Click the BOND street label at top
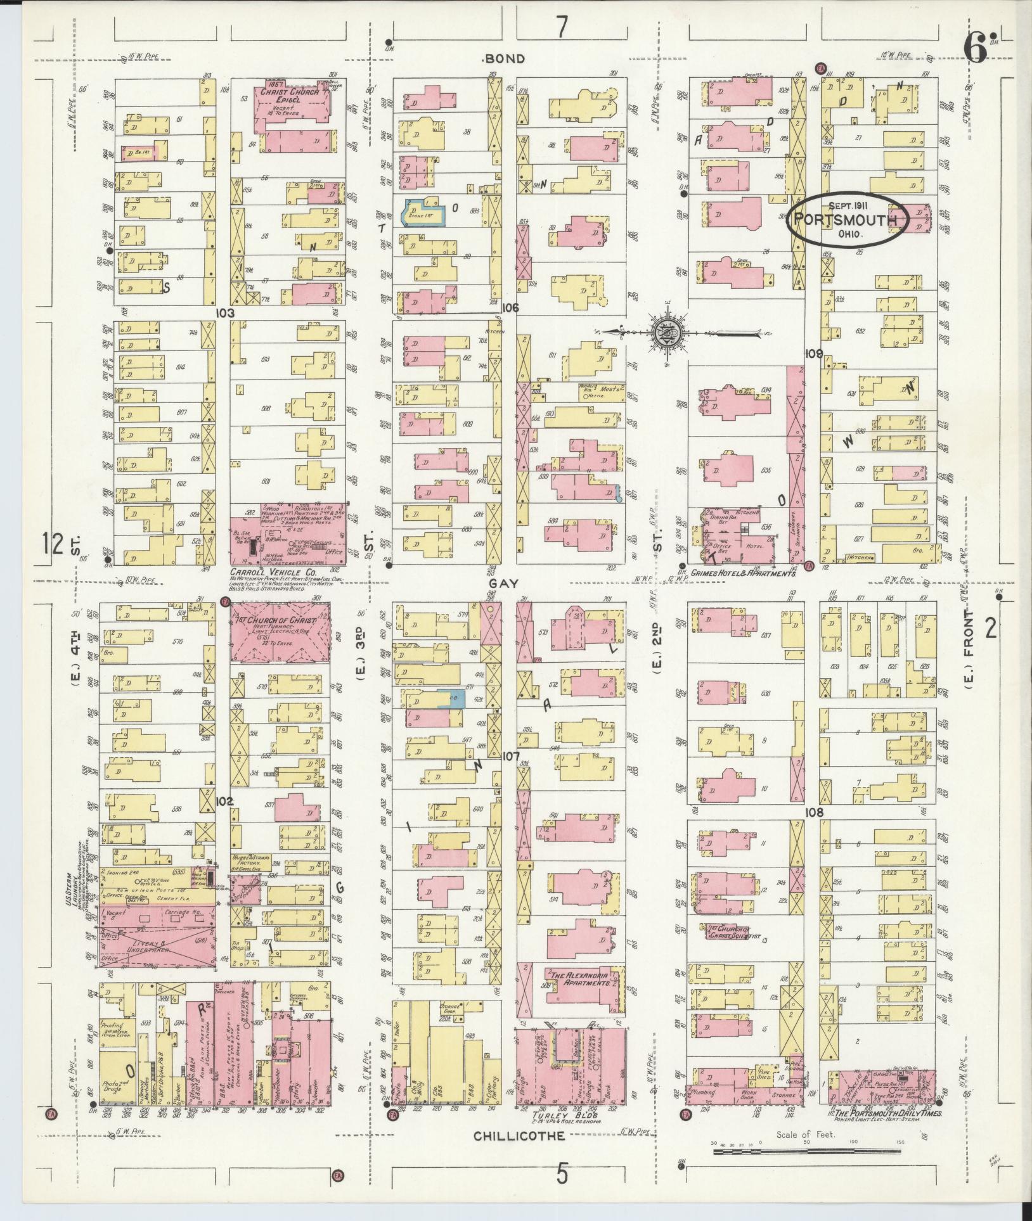(504, 59)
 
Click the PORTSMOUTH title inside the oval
(848, 220)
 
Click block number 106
(510, 308)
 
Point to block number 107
(510, 757)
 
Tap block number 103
(224, 313)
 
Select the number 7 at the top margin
(562, 27)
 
